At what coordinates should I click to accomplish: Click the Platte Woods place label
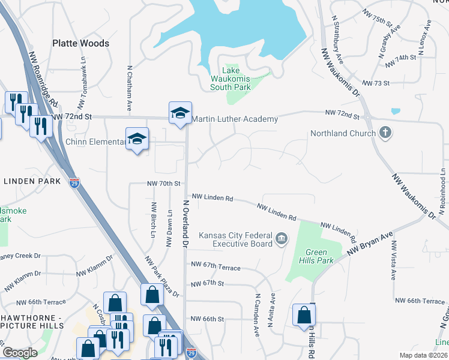(x=80, y=43)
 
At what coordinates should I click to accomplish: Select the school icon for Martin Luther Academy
(x=179, y=113)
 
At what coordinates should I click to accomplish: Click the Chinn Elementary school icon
(x=137, y=139)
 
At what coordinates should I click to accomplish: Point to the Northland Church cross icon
(x=385, y=133)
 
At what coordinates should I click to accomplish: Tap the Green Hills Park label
(x=320, y=257)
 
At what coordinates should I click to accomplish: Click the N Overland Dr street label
(x=185, y=224)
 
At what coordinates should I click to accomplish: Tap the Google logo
(x=20, y=353)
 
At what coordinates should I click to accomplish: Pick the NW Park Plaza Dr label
(x=161, y=277)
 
